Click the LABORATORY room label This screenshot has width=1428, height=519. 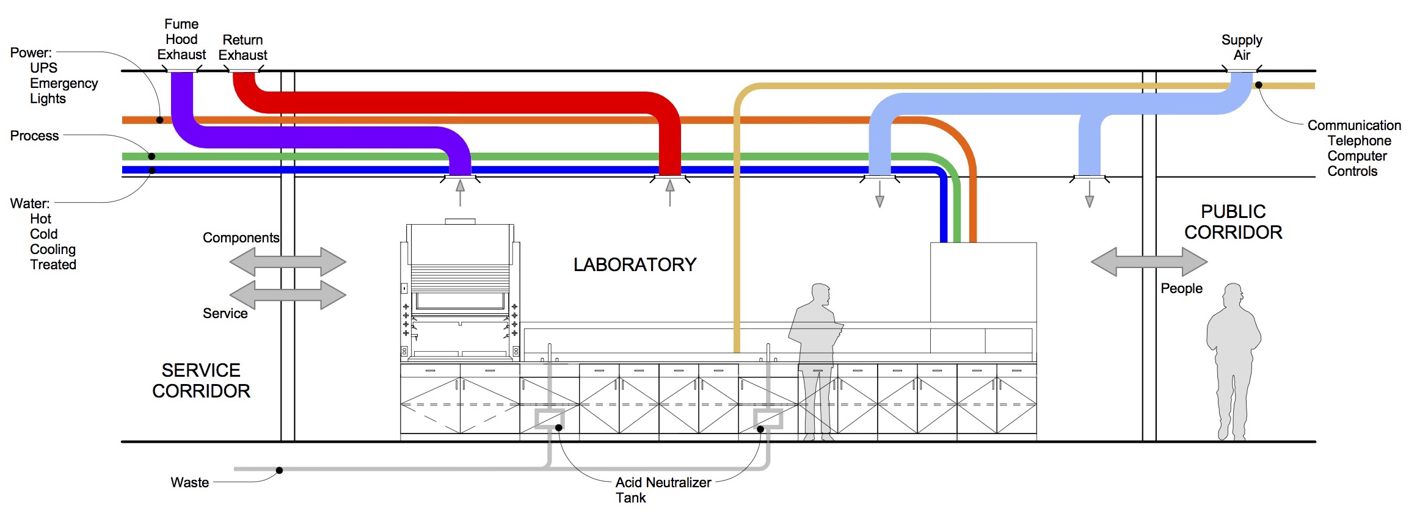[635, 264]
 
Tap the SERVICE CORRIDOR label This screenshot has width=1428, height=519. [201, 380]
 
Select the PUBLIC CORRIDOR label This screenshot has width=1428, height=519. [1233, 222]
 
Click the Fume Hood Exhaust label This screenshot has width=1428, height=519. [181, 40]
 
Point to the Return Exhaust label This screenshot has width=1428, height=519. [242, 48]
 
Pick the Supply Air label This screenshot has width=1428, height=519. [1242, 48]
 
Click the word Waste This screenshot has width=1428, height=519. [189, 482]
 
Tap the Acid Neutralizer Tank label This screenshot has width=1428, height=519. [663, 490]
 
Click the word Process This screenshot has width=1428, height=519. [34, 136]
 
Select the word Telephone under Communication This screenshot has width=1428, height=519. [1359, 140]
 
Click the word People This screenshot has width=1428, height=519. [1181, 288]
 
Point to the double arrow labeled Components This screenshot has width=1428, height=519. [288, 262]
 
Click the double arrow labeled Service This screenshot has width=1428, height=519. [288, 295]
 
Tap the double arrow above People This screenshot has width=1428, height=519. [1149, 262]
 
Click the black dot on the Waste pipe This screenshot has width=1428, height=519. [279, 470]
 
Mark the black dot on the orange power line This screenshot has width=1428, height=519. [160, 120]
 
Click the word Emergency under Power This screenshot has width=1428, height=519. [64, 83]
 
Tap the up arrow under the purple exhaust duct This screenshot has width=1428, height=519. [460, 193]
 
